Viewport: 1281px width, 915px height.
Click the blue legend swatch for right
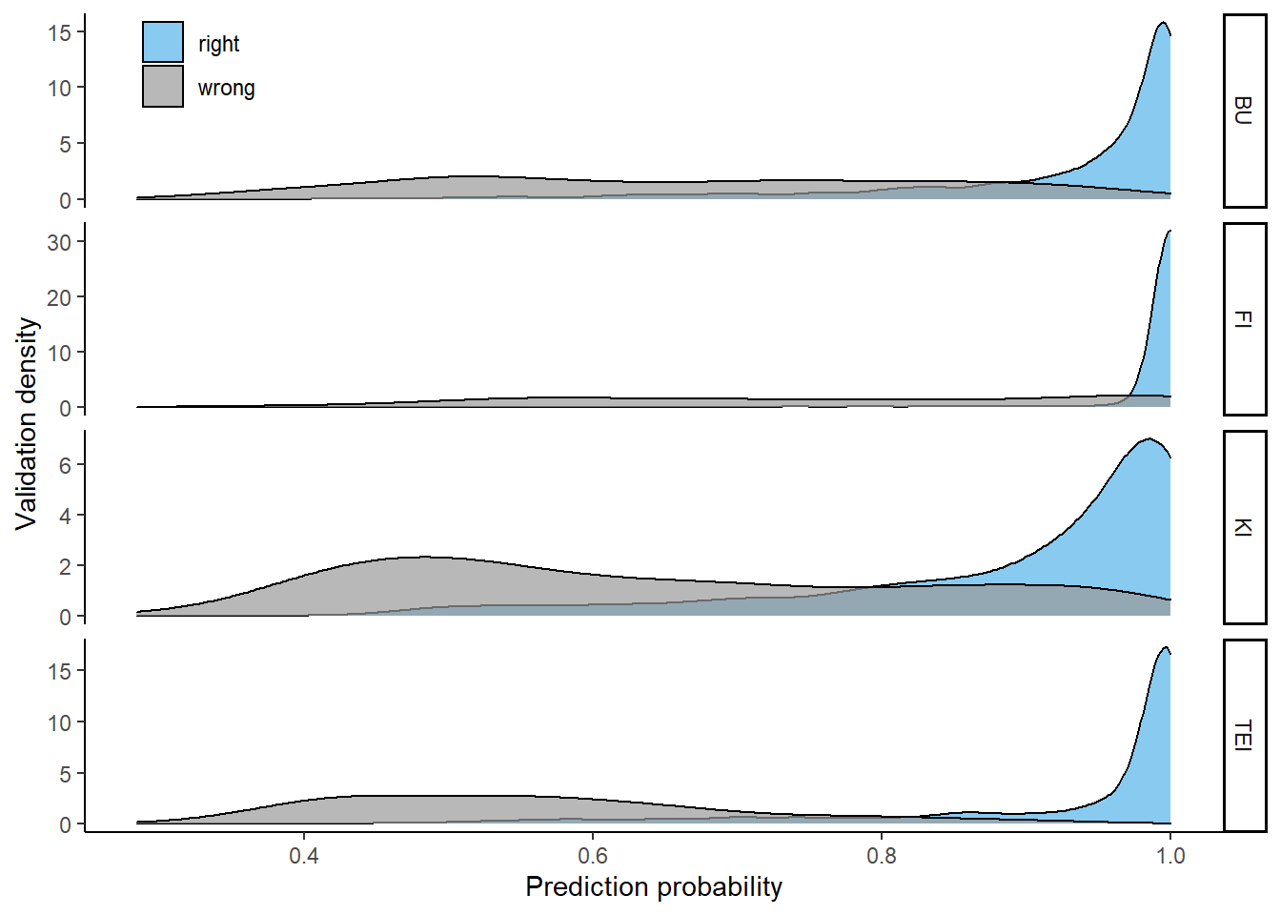pyautogui.click(x=163, y=43)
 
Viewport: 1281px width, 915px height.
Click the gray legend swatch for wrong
pyautogui.click(x=163, y=87)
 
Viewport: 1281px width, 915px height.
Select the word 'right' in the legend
pyautogui.click(x=218, y=44)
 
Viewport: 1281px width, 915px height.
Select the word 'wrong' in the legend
pyautogui.click(x=226, y=88)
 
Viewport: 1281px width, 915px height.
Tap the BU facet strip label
pyautogui.click(x=1244, y=111)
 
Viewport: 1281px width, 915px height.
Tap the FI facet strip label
pyautogui.click(x=1244, y=319)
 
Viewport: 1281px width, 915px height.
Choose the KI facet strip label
pyautogui.click(x=1244, y=527)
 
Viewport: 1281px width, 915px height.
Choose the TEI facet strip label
pyautogui.click(x=1244, y=735)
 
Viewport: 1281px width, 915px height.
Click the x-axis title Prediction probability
pyautogui.click(x=653, y=886)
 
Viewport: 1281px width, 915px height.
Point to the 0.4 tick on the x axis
pyautogui.click(x=304, y=855)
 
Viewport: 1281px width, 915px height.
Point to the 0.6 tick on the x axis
pyautogui.click(x=593, y=855)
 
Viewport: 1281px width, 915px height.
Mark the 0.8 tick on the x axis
pyautogui.click(x=882, y=855)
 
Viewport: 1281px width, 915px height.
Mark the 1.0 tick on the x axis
pyautogui.click(x=1169, y=855)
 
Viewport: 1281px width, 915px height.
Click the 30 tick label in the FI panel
pyautogui.click(x=59, y=242)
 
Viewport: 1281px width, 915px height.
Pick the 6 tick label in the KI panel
pyautogui.click(x=65, y=465)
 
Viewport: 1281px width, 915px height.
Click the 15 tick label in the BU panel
pyautogui.click(x=59, y=32)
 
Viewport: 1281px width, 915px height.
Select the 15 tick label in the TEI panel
pyautogui.click(x=59, y=671)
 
